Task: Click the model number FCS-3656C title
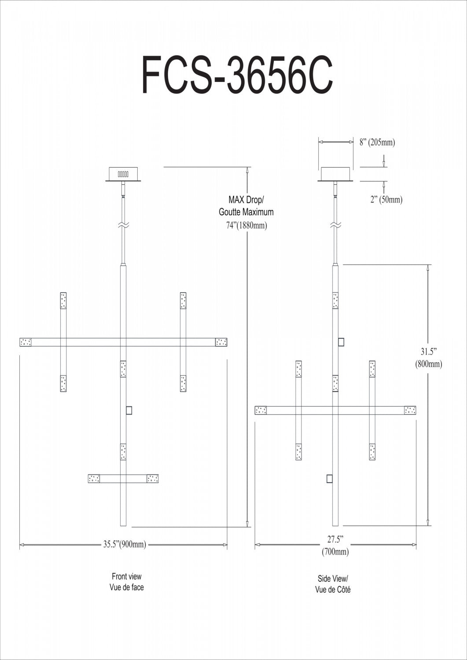point(236,74)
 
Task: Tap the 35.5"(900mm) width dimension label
point(125,545)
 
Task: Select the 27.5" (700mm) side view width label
point(335,545)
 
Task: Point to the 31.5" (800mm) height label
point(428,358)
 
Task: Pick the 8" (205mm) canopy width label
point(377,142)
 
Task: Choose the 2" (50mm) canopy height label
point(386,199)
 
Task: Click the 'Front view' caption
point(127,576)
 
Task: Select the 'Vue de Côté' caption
point(333,590)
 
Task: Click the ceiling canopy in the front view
point(123,174)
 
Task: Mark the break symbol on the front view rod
point(123,225)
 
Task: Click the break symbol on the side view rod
point(335,225)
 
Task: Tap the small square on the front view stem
point(129,411)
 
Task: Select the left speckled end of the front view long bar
point(26,342)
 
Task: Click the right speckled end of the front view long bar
point(221,342)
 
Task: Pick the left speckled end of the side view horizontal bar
point(261,410)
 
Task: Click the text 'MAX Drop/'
point(246,201)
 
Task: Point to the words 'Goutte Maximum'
point(246,212)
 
